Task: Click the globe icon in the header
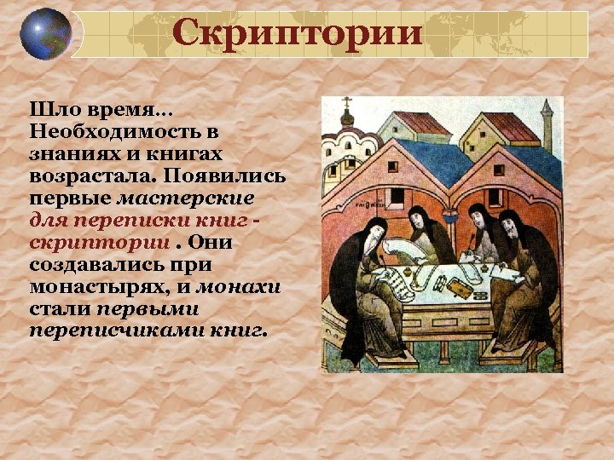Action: click(46, 34)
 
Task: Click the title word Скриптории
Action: click(297, 33)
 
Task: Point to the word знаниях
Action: click(70, 154)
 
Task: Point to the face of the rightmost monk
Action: click(509, 225)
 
